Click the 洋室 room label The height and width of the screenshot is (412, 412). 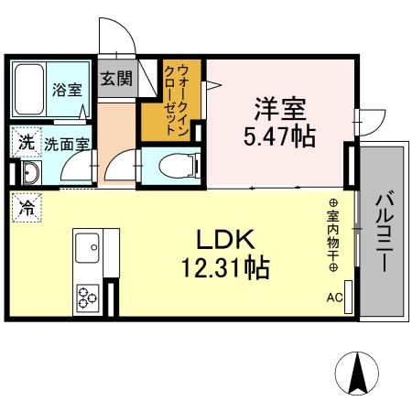coord(279,107)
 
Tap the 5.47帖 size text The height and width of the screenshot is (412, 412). coord(279,136)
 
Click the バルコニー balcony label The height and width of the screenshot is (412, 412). coord(384,228)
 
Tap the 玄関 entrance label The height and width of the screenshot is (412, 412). coord(116,78)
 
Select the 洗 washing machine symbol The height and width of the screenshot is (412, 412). coord(26,142)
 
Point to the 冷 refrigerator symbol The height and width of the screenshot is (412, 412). coord(26,208)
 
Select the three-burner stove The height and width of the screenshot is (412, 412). coord(88,298)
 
